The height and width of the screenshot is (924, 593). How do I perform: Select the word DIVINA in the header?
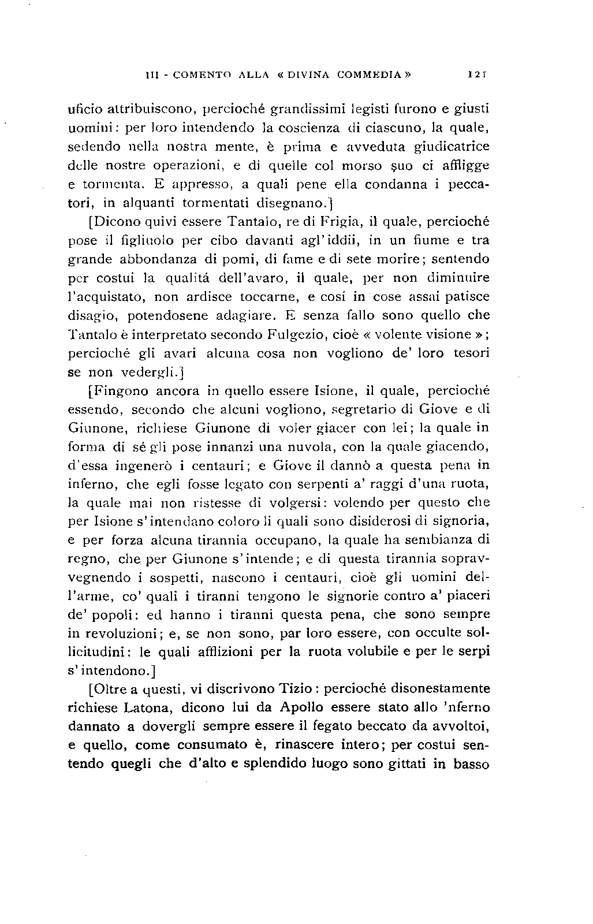tap(317, 74)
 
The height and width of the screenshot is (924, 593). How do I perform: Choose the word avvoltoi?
tap(458, 726)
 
